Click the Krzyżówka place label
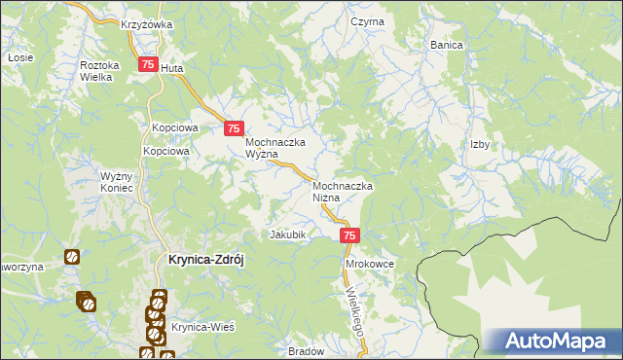click(147, 24)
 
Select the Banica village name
click(446, 45)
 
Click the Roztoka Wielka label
click(99, 71)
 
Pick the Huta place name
click(171, 69)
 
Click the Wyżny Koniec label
click(122, 183)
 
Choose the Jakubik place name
click(288, 234)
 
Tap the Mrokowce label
click(369, 263)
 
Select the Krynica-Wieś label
click(203, 328)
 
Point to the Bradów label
click(305, 352)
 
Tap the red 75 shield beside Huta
click(148, 65)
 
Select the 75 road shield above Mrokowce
click(351, 235)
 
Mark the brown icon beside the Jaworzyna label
click(71, 257)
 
